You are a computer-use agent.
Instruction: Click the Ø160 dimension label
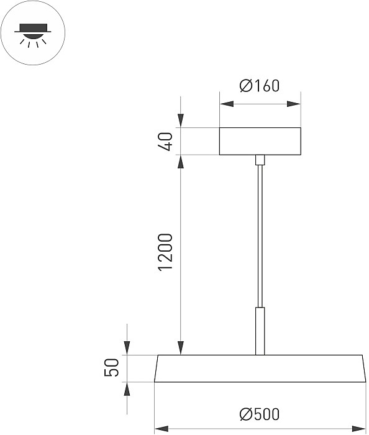tap(260, 86)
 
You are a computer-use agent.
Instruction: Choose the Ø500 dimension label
tap(259, 413)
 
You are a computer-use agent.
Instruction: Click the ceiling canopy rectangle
tap(260, 141)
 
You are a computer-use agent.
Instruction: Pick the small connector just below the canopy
tap(260, 160)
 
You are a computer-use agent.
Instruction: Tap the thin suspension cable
tap(260, 236)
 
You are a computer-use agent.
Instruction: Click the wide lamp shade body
tap(260, 369)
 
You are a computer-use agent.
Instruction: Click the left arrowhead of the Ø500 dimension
tap(160, 428)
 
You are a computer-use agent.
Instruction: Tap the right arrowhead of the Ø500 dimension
tap(360, 428)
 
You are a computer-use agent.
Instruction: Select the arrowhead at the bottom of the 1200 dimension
tap(181, 349)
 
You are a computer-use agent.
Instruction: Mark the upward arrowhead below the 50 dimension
tap(127, 388)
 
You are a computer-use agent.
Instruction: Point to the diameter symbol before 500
tap(244, 413)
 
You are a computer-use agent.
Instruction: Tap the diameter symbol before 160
tap(245, 86)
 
